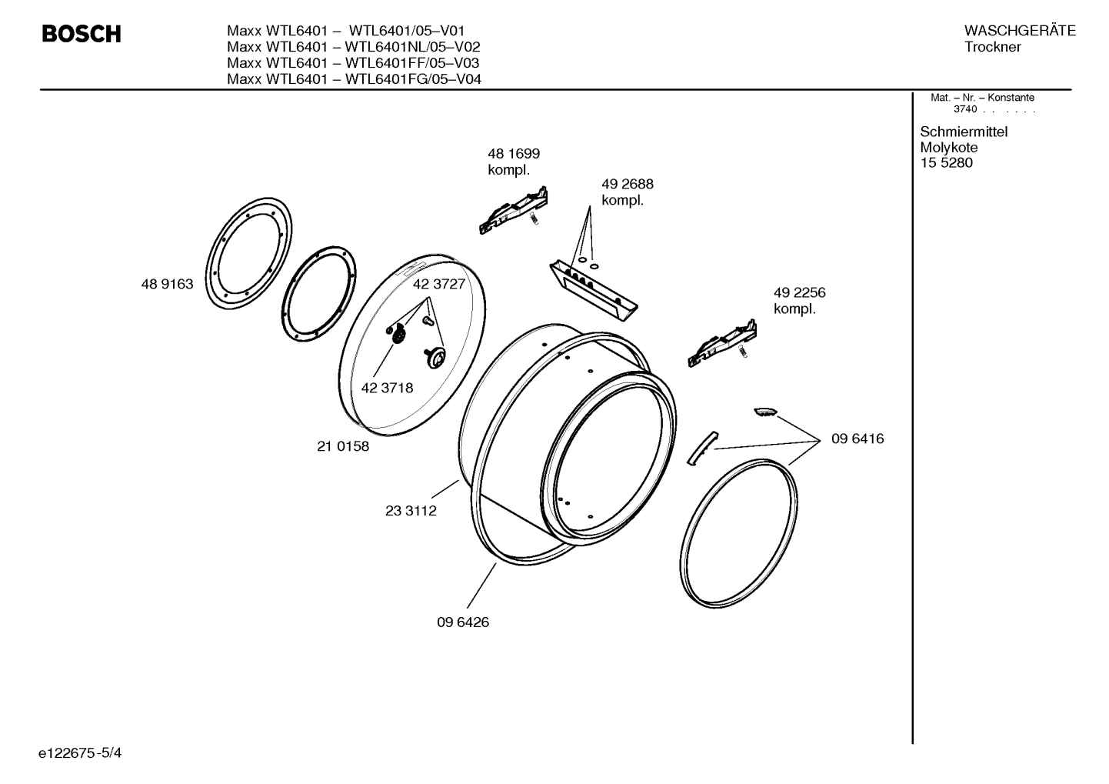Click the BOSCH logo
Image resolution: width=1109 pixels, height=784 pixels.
81,35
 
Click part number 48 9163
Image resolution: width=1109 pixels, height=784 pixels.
167,285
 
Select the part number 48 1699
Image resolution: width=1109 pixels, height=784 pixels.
513,154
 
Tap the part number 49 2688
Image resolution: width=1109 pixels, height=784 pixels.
627,185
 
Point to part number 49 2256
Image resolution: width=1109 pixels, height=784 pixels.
799,293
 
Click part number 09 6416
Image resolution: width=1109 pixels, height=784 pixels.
857,439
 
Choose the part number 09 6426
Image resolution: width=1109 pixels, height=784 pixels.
463,622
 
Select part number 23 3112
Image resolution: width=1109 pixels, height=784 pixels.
411,511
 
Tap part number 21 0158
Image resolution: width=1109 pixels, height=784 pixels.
343,446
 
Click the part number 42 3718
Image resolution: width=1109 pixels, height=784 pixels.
387,389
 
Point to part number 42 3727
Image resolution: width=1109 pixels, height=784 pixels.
439,285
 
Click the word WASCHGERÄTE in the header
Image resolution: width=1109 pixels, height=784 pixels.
1019,31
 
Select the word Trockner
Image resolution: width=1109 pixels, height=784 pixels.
992,47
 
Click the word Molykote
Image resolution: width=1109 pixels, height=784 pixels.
948,148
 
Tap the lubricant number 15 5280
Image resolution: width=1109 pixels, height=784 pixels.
946,163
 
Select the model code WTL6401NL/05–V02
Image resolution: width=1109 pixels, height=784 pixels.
412,47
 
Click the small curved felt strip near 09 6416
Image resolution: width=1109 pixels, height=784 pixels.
700,448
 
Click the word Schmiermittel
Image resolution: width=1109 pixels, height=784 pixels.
963,132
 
